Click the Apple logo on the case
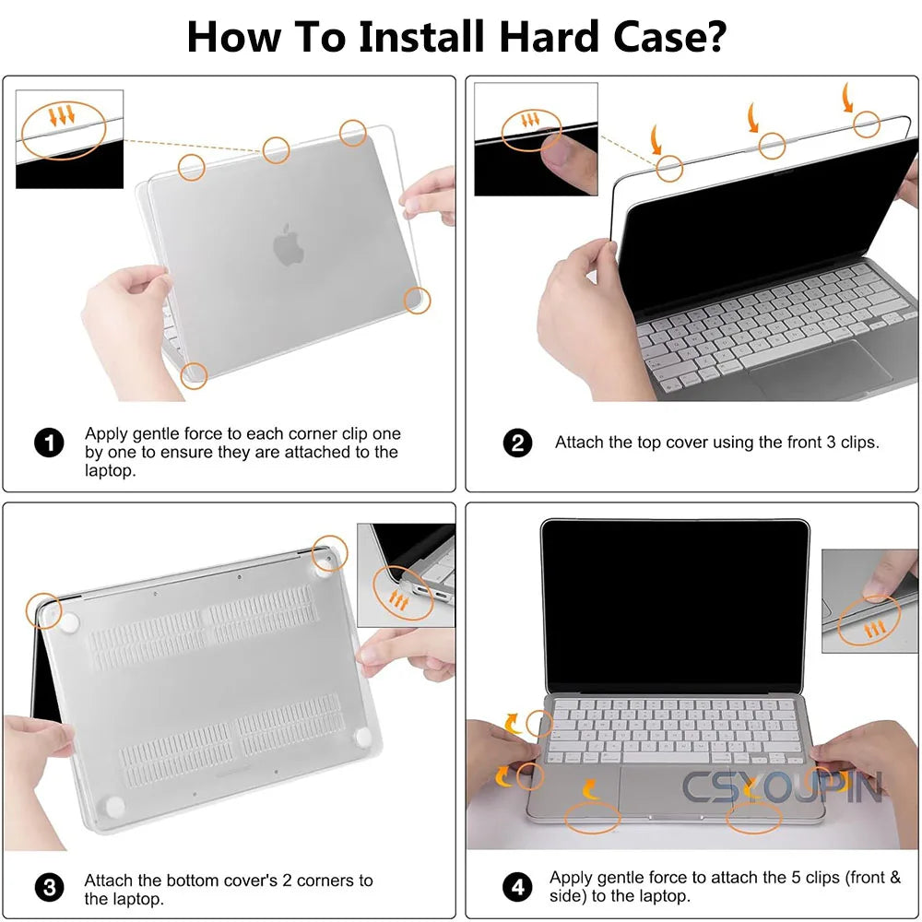(288, 244)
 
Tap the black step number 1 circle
(49, 443)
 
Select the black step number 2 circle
(517, 443)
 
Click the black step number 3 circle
(50, 887)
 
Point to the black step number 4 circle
(517, 887)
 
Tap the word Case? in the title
(669, 37)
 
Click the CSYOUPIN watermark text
(783, 786)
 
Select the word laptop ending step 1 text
(110, 470)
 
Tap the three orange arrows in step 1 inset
(62, 114)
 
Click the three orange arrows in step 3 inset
(398, 601)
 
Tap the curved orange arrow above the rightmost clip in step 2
(847, 97)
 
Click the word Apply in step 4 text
(569, 879)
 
